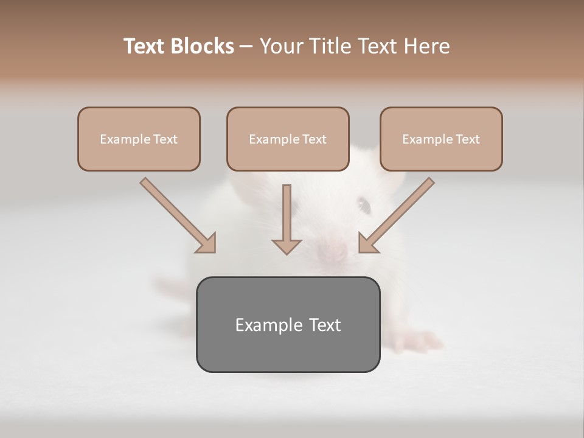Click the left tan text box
point(139,139)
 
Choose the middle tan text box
point(288,139)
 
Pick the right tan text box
point(441,139)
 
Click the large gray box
point(288,324)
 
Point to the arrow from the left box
point(176,214)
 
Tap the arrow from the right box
point(397,214)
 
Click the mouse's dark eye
point(364,205)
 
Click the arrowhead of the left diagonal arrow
point(206,243)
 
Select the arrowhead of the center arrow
point(287,246)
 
